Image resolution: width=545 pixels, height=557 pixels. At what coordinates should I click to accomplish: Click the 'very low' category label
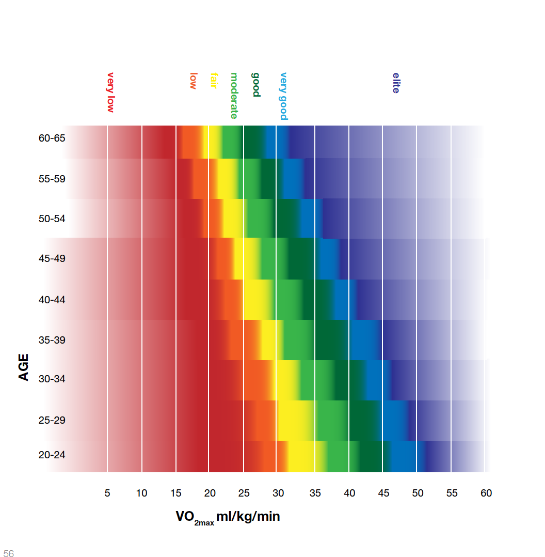(110, 92)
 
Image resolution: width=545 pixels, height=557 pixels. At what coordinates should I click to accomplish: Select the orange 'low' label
(194, 81)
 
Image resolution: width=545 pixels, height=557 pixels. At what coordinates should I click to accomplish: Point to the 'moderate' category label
(234, 96)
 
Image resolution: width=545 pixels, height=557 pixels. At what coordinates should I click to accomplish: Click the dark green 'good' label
(255, 84)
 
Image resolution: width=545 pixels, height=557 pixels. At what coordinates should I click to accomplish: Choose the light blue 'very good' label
(283, 96)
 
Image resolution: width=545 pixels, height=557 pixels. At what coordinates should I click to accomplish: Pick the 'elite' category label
(396, 83)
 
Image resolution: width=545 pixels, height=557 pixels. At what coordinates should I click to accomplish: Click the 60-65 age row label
(52, 138)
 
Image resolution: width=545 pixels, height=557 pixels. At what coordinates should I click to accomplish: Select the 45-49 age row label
(52, 258)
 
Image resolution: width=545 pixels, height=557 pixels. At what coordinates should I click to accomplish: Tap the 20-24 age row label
(52, 455)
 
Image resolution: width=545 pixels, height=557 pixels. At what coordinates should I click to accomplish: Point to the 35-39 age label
(52, 340)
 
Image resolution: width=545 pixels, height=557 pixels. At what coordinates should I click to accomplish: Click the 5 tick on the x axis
(107, 493)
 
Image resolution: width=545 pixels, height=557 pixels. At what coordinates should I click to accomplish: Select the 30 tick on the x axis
(278, 493)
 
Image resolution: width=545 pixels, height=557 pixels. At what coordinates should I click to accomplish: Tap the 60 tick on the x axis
(486, 493)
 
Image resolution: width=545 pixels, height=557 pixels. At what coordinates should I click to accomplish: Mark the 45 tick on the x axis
(383, 493)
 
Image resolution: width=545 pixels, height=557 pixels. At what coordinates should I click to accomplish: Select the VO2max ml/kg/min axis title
(228, 517)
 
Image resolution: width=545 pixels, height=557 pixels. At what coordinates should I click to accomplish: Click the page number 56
(8, 553)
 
